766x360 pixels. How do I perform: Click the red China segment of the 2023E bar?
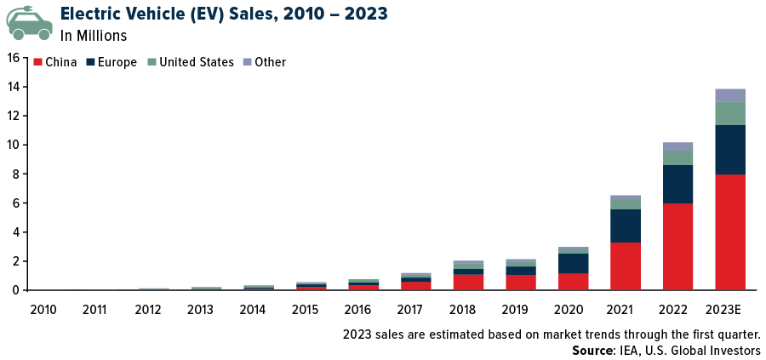[730, 232]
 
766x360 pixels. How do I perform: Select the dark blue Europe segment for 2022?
[678, 184]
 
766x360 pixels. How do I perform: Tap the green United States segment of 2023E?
[730, 113]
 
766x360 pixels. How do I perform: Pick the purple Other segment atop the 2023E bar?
[730, 95]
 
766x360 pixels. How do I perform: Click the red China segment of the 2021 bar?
[626, 266]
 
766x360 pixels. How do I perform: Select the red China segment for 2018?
[468, 282]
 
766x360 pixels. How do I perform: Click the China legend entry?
[55, 62]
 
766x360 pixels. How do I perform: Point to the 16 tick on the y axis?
[12, 58]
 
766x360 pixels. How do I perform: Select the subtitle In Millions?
[94, 36]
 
